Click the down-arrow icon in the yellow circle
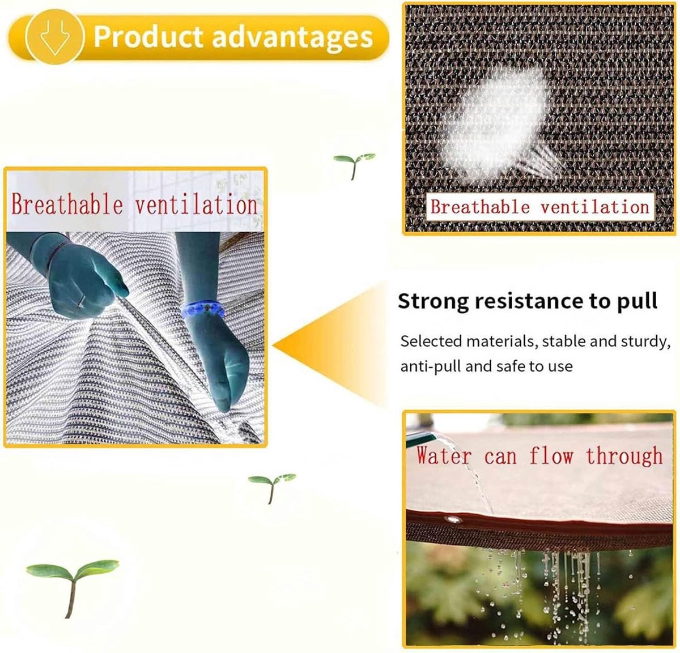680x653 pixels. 55,37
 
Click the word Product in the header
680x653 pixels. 148,37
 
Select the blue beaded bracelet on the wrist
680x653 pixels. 203,310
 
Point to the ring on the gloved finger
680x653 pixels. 81,301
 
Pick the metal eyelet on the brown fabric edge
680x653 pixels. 453,519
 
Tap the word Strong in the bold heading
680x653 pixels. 433,301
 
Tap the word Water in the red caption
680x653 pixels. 443,456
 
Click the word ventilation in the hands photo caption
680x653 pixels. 196,205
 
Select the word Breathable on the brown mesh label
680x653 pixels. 480,207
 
